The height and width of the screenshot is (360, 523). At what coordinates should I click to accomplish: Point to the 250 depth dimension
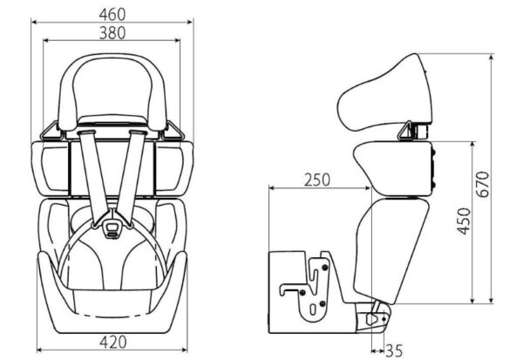(x=317, y=180)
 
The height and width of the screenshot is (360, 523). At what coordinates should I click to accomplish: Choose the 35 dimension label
(x=395, y=350)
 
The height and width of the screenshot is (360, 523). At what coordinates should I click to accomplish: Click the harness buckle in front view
(x=112, y=228)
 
